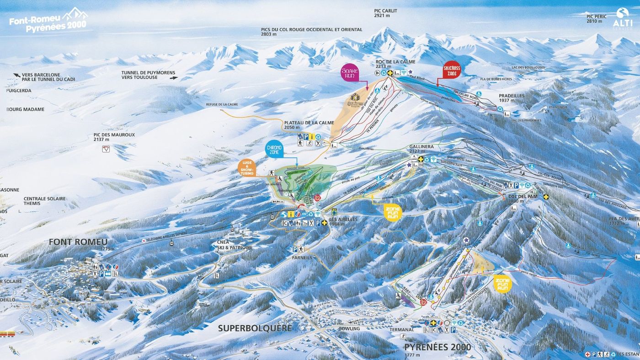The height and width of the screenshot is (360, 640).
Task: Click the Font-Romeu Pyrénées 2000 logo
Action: point(48,20)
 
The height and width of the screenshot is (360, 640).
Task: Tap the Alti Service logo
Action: point(622,19)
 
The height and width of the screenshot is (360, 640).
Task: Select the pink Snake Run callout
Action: point(350,73)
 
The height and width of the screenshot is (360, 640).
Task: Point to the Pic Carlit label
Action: point(385,13)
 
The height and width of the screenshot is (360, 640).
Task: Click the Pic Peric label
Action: point(597,19)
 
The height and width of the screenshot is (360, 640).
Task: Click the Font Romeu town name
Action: point(78,242)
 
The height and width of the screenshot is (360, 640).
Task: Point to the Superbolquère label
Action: point(255,328)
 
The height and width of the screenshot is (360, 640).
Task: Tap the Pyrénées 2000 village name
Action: point(437,347)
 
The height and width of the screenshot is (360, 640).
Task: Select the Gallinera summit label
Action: point(421,149)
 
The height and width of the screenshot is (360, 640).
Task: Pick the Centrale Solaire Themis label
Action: point(44,201)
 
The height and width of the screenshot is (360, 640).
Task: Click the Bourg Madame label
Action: point(26,109)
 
